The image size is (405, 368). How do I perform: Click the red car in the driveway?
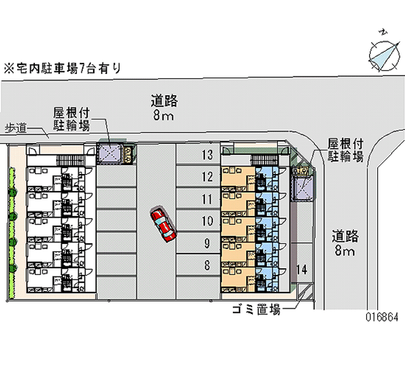[163, 223]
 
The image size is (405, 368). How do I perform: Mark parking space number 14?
[302, 269]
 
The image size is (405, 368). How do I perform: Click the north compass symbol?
[382, 51]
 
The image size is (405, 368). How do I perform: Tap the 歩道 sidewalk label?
[16, 128]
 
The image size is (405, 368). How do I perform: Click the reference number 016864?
[382, 317]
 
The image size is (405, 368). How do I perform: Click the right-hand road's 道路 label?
[346, 236]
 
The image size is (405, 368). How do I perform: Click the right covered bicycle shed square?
[302, 187]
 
